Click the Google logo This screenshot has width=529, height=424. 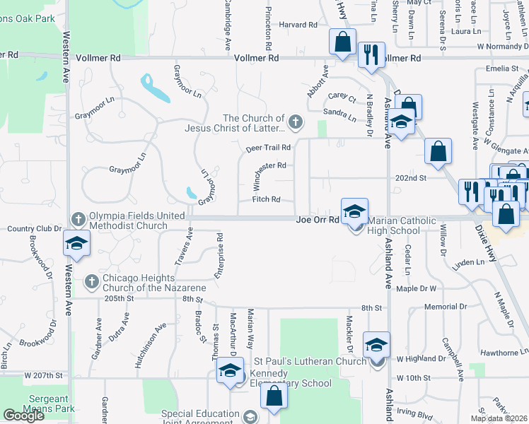pyautogui.click(x=23, y=416)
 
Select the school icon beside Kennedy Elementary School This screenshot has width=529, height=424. pyautogui.click(x=230, y=372)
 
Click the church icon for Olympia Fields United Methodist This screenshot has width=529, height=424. pyautogui.click(x=79, y=218)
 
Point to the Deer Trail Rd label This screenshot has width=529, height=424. pyautogui.click(x=269, y=148)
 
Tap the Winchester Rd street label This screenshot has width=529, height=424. pyautogui.click(x=269, y=166)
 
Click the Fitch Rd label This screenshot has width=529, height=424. pyautogui.click(x=267, y=199)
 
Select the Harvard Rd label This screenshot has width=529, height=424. pyautogui.click(x=298, y=25)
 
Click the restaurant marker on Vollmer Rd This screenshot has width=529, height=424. pyautogui.click(x=371, y=54)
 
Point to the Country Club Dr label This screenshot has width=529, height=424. pyautogui.click(x=31, y=228)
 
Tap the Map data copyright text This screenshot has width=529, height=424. pyautogui.click(x=499, y=418)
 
